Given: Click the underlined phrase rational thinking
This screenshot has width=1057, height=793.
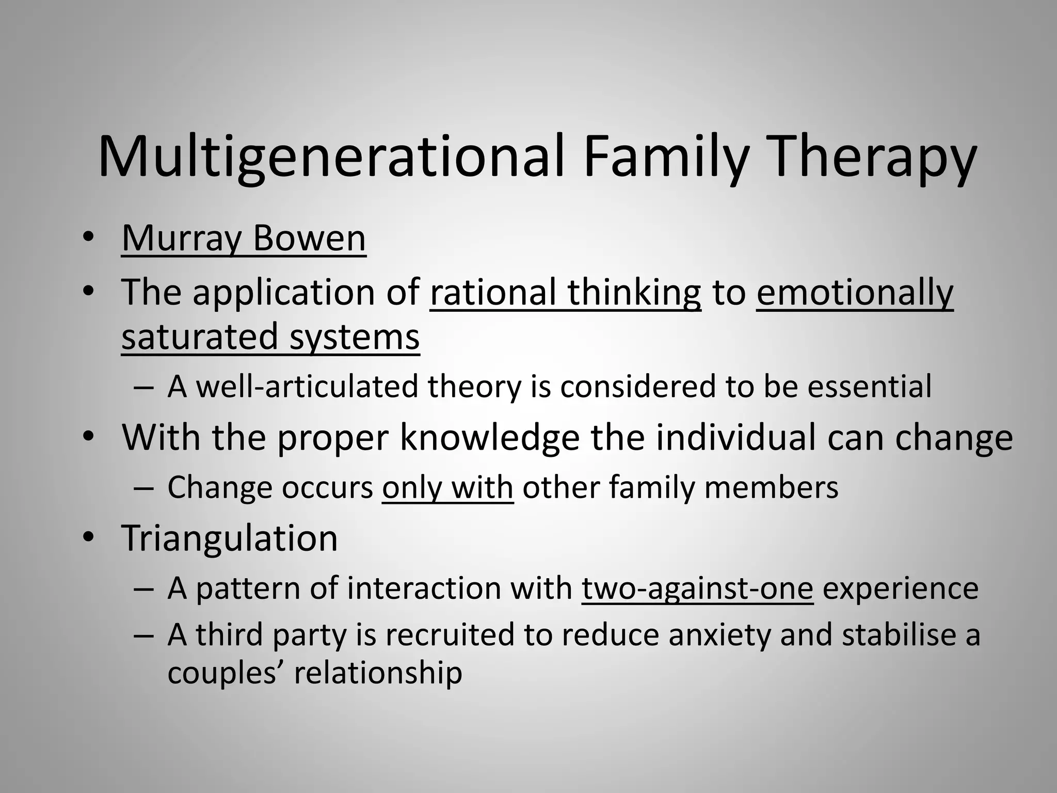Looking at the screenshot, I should coord(565,292).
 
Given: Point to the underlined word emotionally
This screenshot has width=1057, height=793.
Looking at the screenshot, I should coord(855,292).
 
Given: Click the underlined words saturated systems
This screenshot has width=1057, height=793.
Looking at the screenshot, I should coord(270,337).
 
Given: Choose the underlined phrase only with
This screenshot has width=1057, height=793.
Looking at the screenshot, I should coord(447,487).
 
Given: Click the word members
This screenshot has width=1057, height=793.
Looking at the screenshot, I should coord(771,487).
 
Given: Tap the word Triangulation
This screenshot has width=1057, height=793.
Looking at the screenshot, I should coord(229,538).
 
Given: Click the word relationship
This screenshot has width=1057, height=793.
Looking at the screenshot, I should coord(378,673).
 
